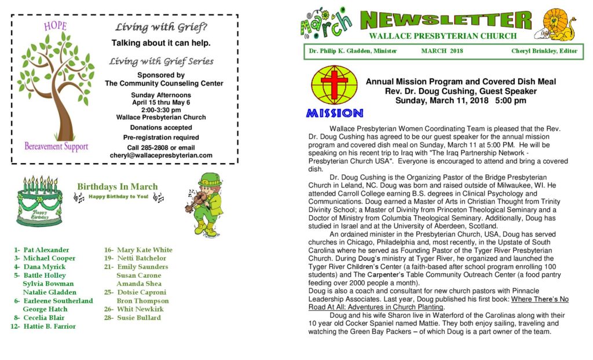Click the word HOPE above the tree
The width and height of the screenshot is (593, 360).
[x=55, y=26]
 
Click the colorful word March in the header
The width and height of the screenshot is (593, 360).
[x=326, y=23]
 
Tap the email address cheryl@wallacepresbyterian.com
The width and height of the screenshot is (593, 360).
[x=161, y=156]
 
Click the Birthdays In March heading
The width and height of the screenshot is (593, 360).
[x=117, y=187]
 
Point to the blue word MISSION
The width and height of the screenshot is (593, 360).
[x=335, y=113]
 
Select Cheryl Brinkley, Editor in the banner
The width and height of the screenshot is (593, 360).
[x=544, y=51]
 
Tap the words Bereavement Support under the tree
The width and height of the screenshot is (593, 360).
[x=56, y=146]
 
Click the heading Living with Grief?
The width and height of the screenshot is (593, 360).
[x=161, y=27]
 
